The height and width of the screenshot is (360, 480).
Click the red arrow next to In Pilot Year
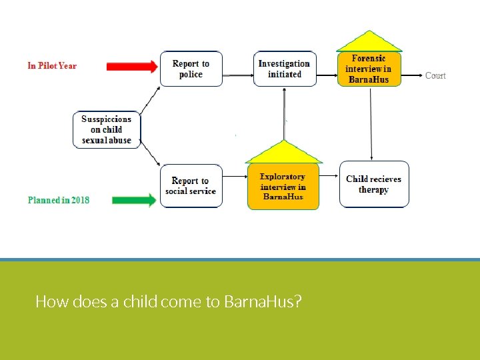[132, 66]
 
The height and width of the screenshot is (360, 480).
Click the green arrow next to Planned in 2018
[134, 200]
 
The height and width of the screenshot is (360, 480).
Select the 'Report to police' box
[191, 69]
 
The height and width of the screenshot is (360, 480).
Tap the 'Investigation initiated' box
[285, 69]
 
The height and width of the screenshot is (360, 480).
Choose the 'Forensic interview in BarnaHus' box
[369, 69]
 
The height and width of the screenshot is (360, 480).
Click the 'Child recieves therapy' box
[373, 185]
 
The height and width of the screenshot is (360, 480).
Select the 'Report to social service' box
[191, 186]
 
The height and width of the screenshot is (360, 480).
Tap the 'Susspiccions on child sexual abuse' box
[107, 129]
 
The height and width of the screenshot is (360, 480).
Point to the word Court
[435, 75]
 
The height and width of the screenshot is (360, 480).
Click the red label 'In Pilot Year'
[52, 66]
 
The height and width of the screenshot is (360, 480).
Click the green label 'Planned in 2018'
[59, 200]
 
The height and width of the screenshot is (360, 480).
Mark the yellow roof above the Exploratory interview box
[283, 154]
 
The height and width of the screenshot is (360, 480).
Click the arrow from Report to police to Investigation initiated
[238, 69]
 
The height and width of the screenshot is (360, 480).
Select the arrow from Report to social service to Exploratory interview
[235, 177]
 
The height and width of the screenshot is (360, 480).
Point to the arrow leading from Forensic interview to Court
[413, 75]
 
